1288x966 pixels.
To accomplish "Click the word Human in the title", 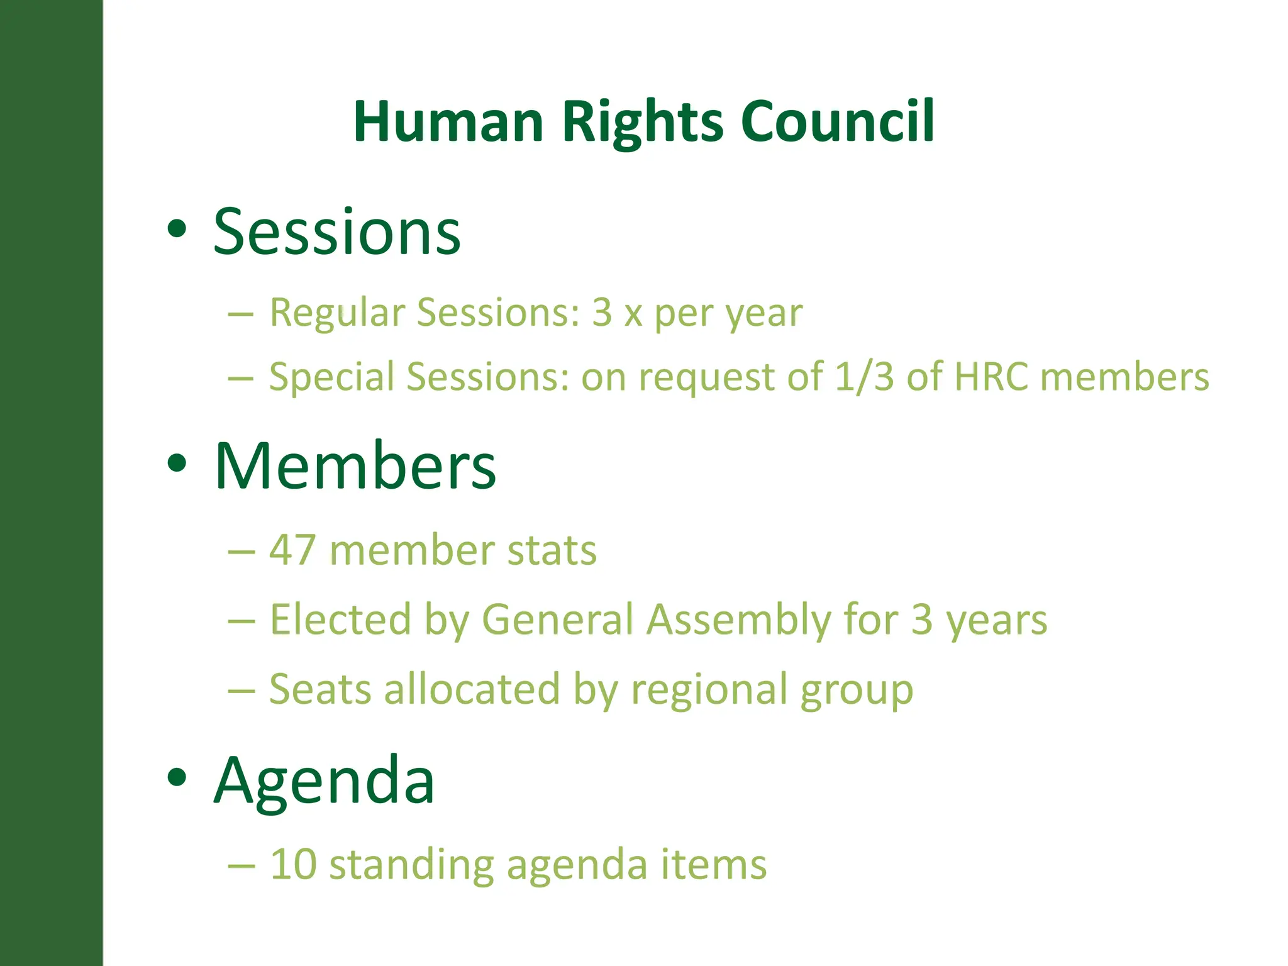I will tap(448, 121).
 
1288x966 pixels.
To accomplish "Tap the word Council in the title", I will tap(837, 121).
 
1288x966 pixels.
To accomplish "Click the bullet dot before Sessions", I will tap(177, 229).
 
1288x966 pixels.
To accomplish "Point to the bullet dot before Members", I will tap(177, 464).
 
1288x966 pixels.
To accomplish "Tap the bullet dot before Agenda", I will tap(177, 777).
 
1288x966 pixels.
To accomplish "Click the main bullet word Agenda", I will tap(324, 781).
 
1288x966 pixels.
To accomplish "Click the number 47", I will tap(292, 550).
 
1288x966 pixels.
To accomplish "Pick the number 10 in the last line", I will tap(292, 864).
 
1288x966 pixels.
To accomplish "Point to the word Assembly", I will tap(740, 621).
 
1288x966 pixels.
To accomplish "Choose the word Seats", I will tap(321, 689).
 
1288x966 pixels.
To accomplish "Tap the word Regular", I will tap(337, 313).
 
